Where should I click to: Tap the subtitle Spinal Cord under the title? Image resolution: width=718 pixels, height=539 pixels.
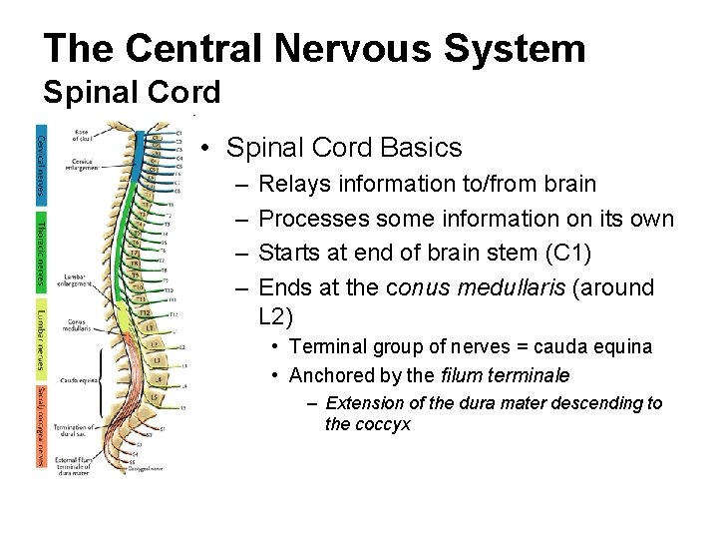[x=132, y=93]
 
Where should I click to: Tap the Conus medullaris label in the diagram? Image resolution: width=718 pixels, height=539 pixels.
[x=76, y=324]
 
